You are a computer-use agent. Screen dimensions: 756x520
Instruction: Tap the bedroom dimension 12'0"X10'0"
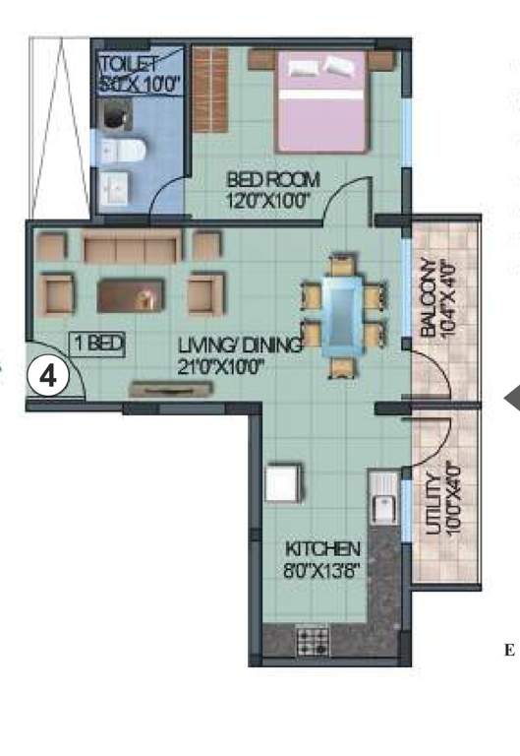tap(268, 201)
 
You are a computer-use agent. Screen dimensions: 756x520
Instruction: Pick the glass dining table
tap(343, 314)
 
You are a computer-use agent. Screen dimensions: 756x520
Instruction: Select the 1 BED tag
tap(97, 344)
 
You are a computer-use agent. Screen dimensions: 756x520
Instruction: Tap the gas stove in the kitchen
tap(313, 642)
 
